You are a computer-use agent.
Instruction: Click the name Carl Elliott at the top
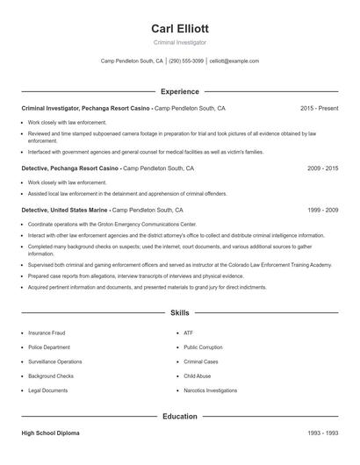point(179,29)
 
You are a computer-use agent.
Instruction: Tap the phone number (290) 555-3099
point(186,61)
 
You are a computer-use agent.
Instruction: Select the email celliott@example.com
point(234,61)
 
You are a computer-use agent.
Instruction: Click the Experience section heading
point(179,91)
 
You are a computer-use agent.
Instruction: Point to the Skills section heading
point(179,312)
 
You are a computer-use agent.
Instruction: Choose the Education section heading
point(179,416)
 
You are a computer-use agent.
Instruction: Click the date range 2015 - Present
point(319,108)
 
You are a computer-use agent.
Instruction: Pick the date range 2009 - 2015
point(322,168)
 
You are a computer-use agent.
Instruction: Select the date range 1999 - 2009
point(322,211)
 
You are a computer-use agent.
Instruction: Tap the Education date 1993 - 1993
point(322,433)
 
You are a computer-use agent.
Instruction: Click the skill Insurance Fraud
point(46,333)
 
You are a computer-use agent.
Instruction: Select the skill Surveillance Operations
point(54,361)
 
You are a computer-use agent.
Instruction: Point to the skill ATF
point(188,333)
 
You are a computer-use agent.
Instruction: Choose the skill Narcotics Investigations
point(210,390)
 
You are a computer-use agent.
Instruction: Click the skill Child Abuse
point(197,376)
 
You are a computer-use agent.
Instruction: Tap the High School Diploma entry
point(49,433)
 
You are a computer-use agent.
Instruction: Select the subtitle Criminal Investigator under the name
point(179,42)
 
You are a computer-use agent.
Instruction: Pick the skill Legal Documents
point(47,390)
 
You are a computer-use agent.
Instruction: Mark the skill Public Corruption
point(203,347)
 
